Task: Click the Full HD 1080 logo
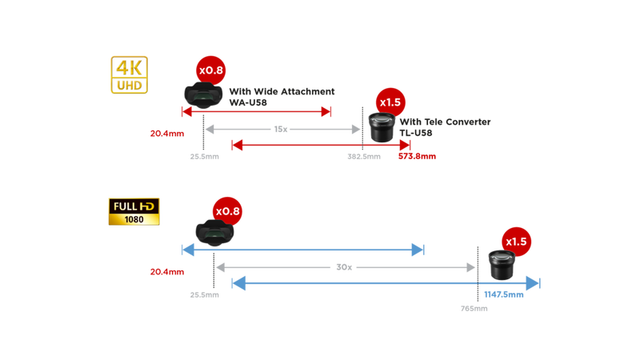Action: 134,211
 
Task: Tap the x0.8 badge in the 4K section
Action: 210,71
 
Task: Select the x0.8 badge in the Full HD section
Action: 226,211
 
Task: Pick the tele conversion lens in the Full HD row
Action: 501,263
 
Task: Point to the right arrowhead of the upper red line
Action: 326,112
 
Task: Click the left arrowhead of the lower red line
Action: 236,145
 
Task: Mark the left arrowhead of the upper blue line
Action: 187,250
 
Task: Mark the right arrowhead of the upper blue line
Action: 418,250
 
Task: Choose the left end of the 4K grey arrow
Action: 210,128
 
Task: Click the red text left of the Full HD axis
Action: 162,271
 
